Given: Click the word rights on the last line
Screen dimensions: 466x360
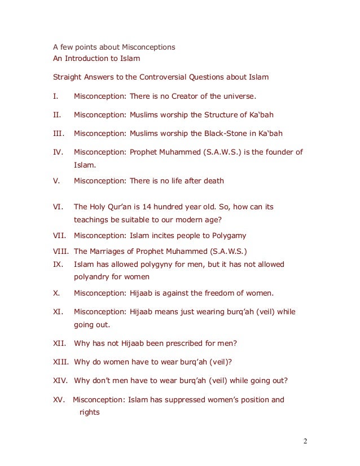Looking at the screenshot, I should tap(89, 412).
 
